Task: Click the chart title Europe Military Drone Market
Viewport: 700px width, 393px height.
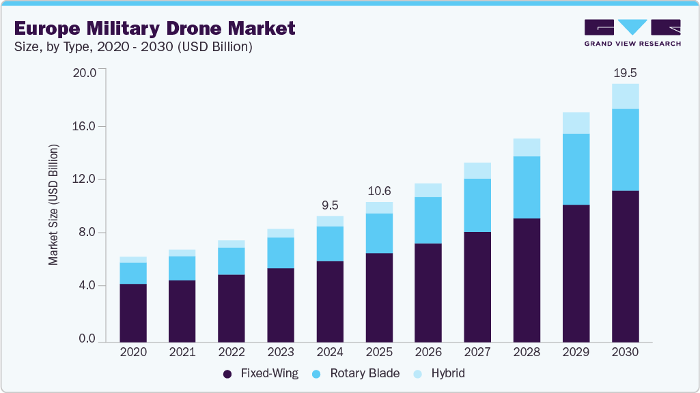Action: click(154, 28)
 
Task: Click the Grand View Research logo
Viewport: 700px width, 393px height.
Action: click(632, 33)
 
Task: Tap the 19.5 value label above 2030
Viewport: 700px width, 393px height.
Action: click(625, 72)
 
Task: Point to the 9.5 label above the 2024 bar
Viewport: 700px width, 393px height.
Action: click(329, 205)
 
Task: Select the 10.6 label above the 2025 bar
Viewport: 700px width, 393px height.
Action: click(379, 190)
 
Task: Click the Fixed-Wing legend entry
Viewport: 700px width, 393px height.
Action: click(260, 373)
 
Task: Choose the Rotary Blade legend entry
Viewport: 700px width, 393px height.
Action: click(356, 373)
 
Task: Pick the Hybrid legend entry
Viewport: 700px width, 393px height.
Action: click(439, 373)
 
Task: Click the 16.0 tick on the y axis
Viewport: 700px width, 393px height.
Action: click(86, 126)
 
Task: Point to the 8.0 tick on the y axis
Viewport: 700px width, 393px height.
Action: click(89, 233)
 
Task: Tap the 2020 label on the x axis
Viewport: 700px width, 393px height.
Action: click(132, 352)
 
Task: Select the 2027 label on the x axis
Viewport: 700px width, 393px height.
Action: click(477, 352)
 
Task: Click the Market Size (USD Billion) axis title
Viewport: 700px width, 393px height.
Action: click(53, 205)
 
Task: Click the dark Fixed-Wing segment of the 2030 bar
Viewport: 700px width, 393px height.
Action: click(625, 266)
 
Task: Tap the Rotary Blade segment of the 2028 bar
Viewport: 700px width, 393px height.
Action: click(527, 187)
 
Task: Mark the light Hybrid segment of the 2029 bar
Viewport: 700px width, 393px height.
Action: click(576, 123)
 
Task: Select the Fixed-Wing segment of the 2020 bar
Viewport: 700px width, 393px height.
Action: click(132, 312)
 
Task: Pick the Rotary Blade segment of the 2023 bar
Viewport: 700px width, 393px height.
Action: click(280, 252)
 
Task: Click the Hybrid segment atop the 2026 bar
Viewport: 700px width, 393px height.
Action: click(428, 190)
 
